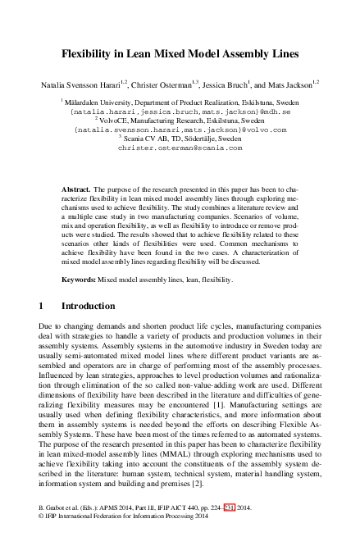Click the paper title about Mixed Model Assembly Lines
[x=180, y=54]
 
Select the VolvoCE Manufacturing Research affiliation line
[x=180, y=120]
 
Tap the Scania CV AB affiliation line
[x=180, y=139]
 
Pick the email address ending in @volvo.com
[x=180, y=130]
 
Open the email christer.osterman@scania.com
[x=180, y=148]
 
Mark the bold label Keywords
[x=79, y=280]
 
